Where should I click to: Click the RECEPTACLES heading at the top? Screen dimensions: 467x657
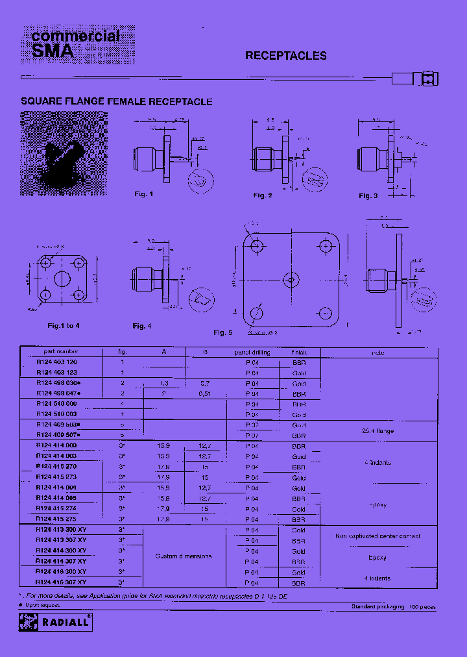[285, 56]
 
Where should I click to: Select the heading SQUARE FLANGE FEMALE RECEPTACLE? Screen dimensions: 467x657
[117, 102]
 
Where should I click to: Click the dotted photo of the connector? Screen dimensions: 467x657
[64, 154]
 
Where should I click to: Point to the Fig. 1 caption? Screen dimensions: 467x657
[143, 194]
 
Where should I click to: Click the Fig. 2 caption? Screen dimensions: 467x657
[262, 195]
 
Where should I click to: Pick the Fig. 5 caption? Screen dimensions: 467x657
[222, 332]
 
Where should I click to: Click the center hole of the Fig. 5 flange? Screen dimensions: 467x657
[292, 280]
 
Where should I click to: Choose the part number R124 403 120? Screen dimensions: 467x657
[56, 362]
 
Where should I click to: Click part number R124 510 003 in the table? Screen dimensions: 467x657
[56, 414]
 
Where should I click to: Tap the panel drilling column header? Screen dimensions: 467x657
[252, 353]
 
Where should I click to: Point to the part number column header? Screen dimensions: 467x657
[56, 353]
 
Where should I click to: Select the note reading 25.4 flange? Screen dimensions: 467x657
[377, 431]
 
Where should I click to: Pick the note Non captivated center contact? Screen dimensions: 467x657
[377, 536]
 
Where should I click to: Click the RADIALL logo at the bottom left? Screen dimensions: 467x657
[56, 621]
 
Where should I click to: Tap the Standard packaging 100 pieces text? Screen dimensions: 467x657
[393, 606]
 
